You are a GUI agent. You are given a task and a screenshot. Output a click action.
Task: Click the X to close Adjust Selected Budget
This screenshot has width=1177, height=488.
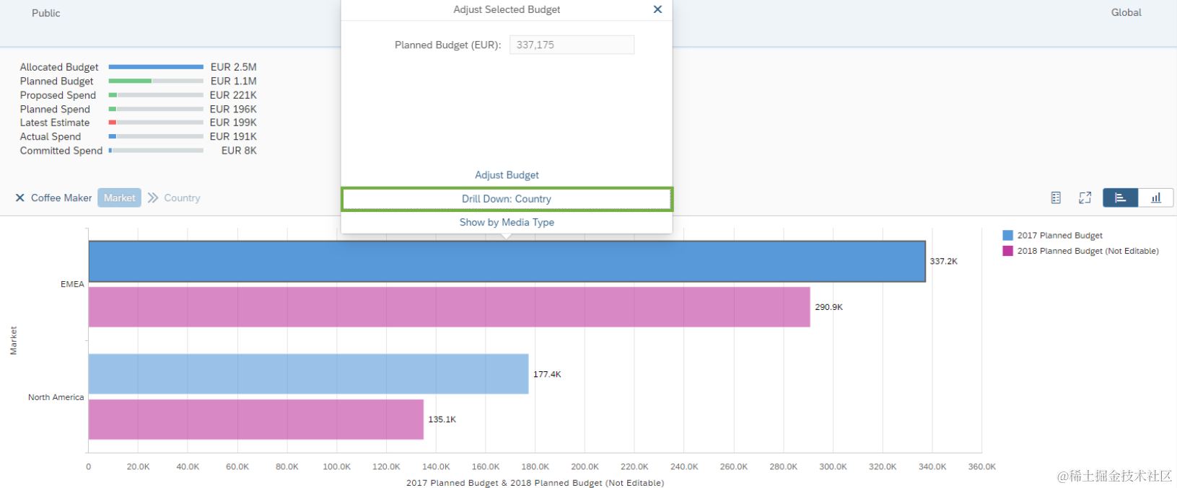657,9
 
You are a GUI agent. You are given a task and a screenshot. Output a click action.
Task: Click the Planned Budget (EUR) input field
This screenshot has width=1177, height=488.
572,45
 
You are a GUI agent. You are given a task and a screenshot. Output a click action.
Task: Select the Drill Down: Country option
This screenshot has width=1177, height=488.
507,199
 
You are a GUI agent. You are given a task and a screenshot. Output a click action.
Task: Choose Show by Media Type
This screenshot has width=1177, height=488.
507,222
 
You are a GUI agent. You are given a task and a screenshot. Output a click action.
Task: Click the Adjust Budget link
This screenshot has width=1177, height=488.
507,175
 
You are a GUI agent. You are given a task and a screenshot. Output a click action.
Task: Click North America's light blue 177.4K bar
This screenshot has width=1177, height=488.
308,374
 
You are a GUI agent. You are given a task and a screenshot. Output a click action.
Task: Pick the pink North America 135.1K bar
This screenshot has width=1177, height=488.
255,420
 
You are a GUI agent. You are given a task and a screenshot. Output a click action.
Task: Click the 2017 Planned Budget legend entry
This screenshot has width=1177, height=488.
1059,236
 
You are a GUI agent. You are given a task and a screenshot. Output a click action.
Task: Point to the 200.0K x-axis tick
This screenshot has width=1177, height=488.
585,466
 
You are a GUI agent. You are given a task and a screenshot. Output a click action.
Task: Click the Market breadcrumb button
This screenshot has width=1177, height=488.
119,198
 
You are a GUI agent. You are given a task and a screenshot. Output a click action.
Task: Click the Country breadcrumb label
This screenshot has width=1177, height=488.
182,198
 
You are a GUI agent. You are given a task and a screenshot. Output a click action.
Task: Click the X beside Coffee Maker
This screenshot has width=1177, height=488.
20,198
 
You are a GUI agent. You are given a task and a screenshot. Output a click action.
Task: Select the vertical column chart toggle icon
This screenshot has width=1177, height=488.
1155,198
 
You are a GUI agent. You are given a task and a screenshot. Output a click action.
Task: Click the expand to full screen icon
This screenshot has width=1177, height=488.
1085,198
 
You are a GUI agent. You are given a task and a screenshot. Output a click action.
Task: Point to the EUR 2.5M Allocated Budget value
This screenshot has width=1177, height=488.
233,67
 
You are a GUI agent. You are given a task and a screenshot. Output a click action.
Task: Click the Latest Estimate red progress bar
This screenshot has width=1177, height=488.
113,123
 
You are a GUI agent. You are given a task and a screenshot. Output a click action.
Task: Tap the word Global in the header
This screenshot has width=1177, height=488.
1126,12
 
